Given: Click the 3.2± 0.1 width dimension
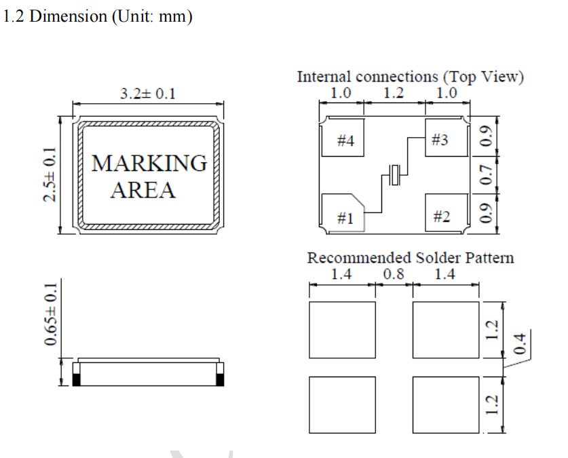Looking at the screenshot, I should click(147, 94).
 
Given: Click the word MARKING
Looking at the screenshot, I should click(149, 164).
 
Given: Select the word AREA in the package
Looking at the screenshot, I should click(143, 190).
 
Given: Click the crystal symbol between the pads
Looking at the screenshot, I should click(394, 174).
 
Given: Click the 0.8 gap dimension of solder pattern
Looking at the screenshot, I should click(393, 274).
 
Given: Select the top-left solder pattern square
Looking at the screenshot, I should click(342, 330).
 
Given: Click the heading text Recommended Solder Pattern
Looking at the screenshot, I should click(410, 258).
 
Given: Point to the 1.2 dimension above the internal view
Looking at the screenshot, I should click(394, 93).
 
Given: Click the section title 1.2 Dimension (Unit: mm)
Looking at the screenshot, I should click(98, 16).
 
